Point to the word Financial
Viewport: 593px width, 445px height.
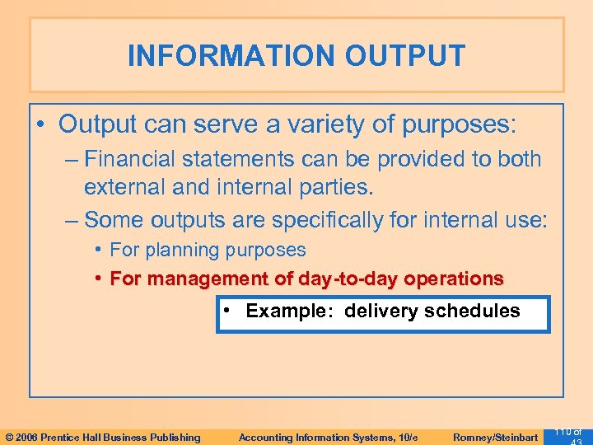(135, 159)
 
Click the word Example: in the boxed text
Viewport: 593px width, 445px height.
(292, 311)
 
